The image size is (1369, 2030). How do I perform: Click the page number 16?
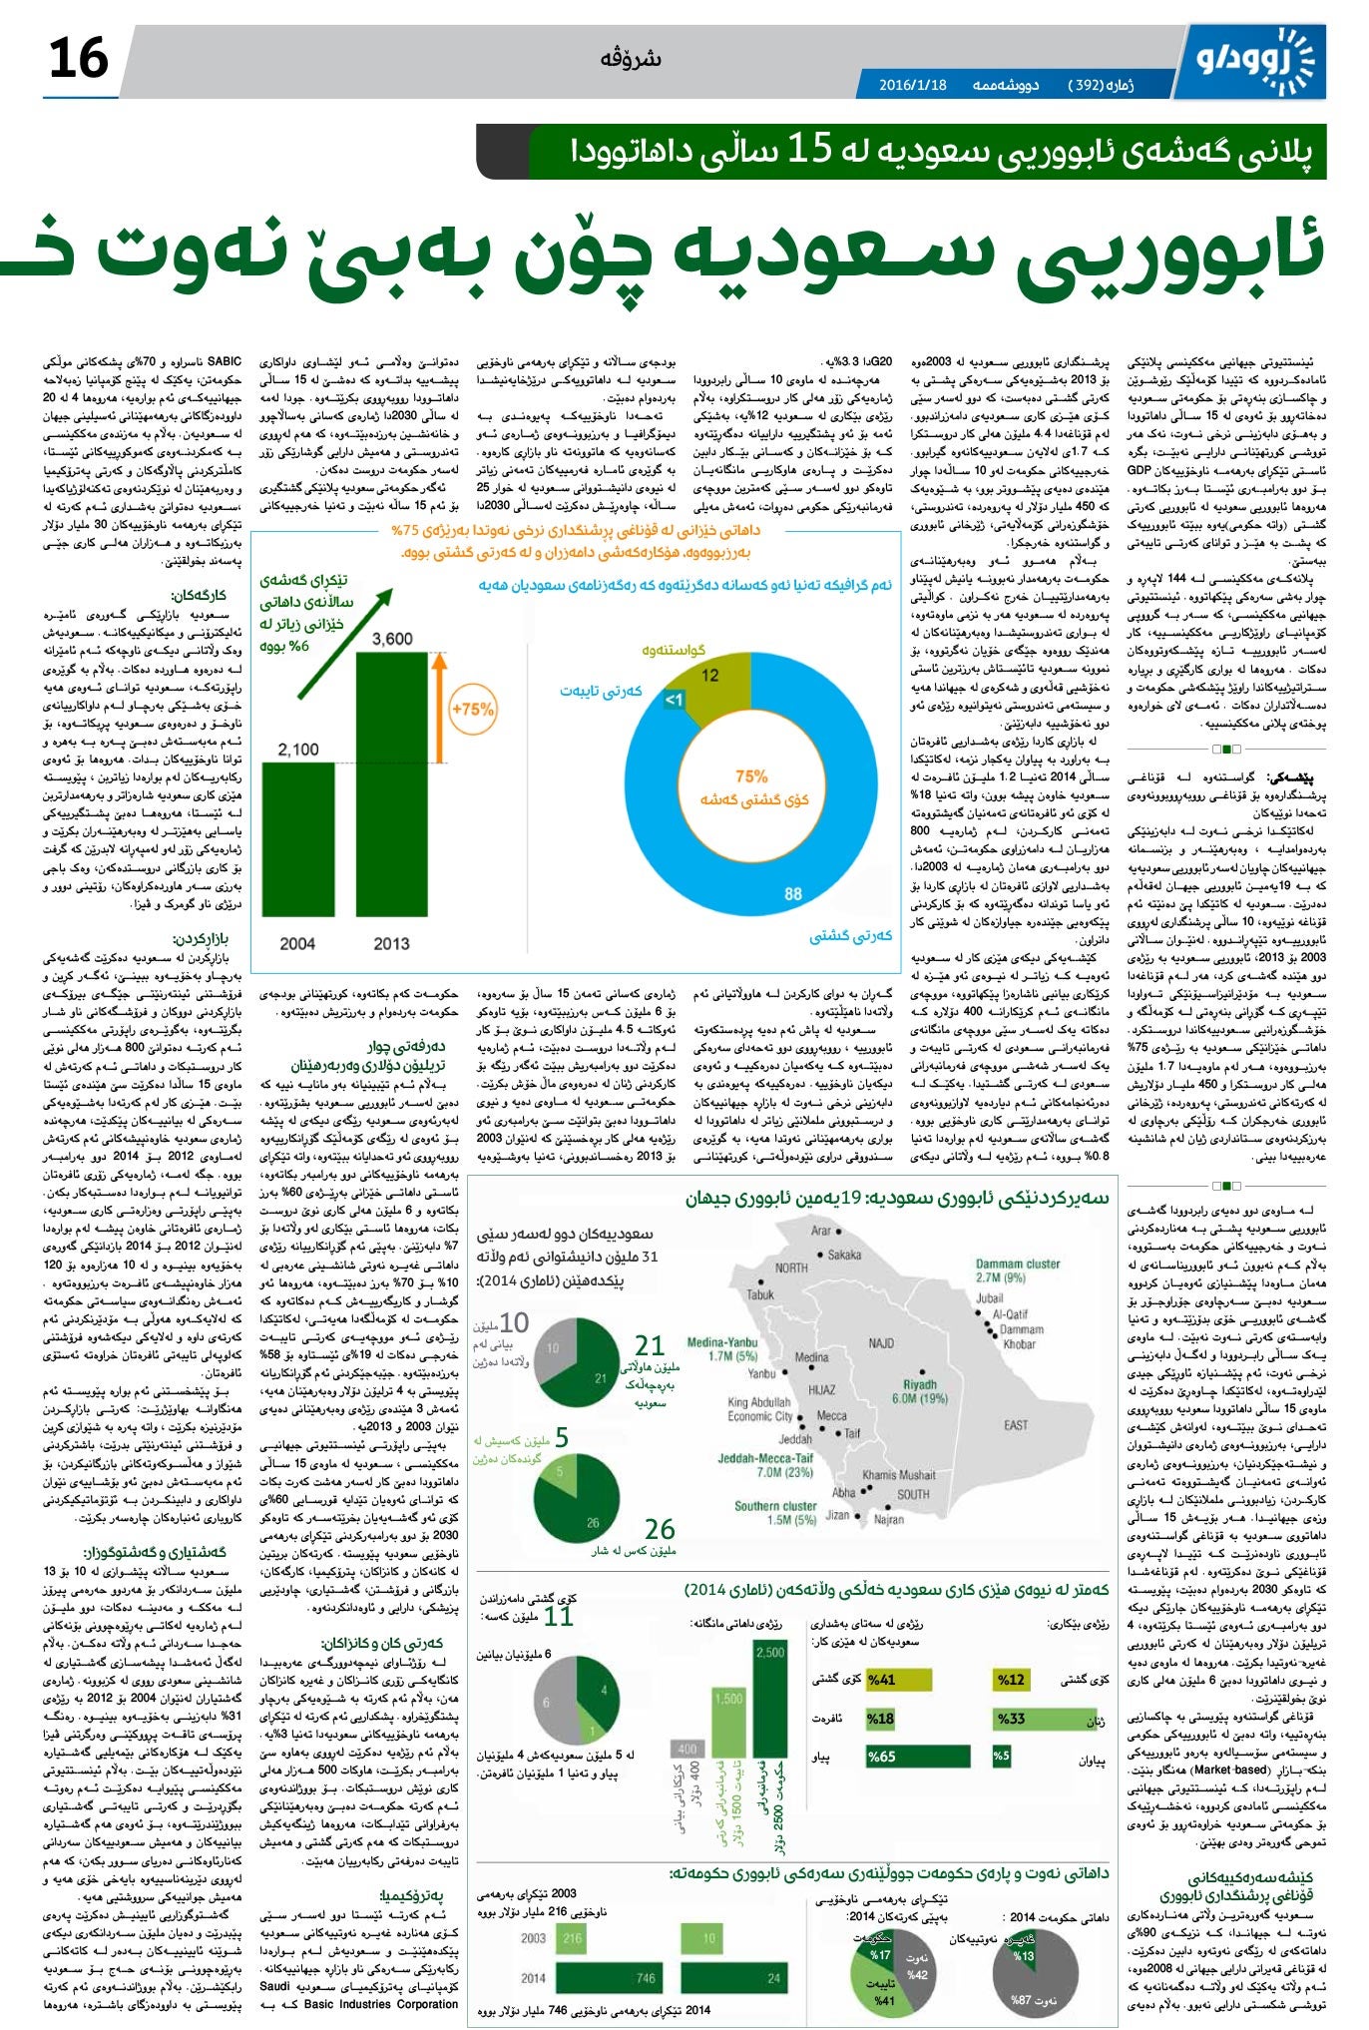[x=78, y=58]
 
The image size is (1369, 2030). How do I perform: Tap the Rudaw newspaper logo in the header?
[x=1258, y=59]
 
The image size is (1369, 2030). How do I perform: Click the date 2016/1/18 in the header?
[x=912, y=85]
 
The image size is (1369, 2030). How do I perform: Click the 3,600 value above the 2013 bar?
[x=392, y=639]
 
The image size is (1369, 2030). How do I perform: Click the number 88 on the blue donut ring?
[x=793, y=893]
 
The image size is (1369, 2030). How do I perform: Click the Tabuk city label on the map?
[x=760, y=1294]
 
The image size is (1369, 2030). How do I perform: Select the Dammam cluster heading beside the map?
[x=1017, y=1264]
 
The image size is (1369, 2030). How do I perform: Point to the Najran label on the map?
[x=888, y=1519]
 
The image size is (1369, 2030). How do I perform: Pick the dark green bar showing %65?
[x=916, y=1757]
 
